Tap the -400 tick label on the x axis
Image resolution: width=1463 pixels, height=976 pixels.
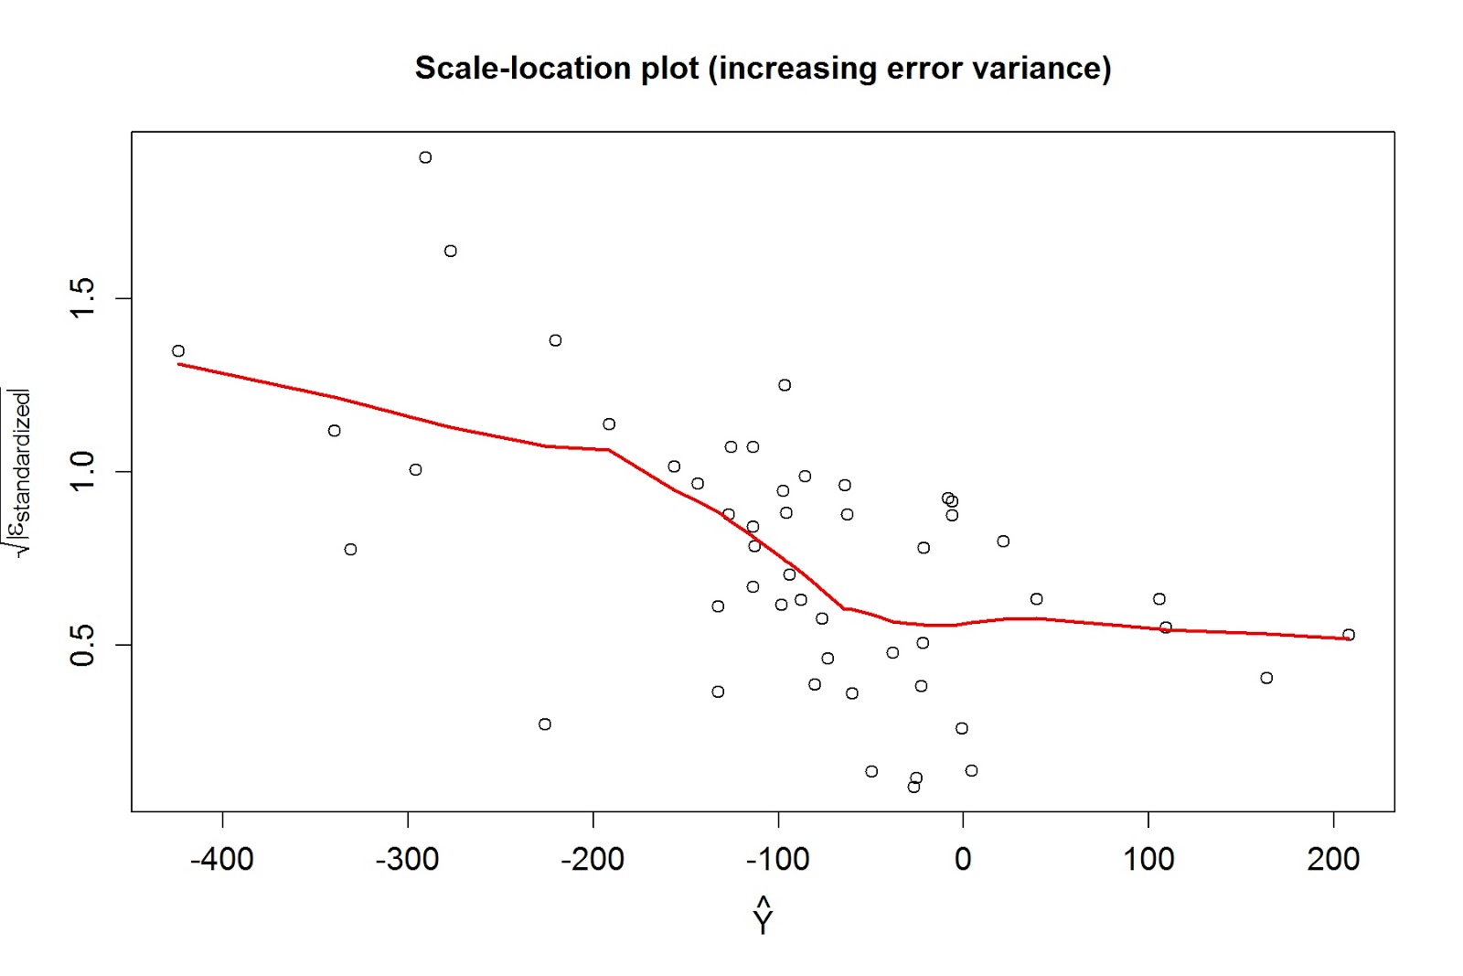222,860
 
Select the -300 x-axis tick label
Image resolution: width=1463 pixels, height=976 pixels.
408,860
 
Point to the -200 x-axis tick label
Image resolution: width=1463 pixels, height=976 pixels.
593,860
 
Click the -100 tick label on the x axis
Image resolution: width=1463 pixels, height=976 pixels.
778,860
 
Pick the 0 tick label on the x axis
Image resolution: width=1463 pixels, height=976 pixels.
963,860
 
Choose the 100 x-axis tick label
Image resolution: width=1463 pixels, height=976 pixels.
1148,860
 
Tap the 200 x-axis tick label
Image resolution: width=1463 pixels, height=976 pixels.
1333,860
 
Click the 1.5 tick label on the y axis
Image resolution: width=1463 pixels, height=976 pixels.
82,298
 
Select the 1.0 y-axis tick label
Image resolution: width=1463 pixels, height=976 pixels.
82,472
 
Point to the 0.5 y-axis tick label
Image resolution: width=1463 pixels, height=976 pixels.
82,645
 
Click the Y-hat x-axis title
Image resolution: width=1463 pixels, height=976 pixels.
764,917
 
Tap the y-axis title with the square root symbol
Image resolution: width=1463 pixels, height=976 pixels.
20,472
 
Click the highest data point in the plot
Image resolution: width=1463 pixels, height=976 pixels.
425,157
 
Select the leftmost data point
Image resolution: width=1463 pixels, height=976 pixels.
178,351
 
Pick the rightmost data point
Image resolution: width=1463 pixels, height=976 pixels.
1349,635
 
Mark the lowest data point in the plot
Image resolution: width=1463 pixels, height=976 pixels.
913,787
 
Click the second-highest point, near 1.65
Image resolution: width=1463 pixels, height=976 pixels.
451,251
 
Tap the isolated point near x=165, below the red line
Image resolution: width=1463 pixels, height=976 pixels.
1266,678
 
